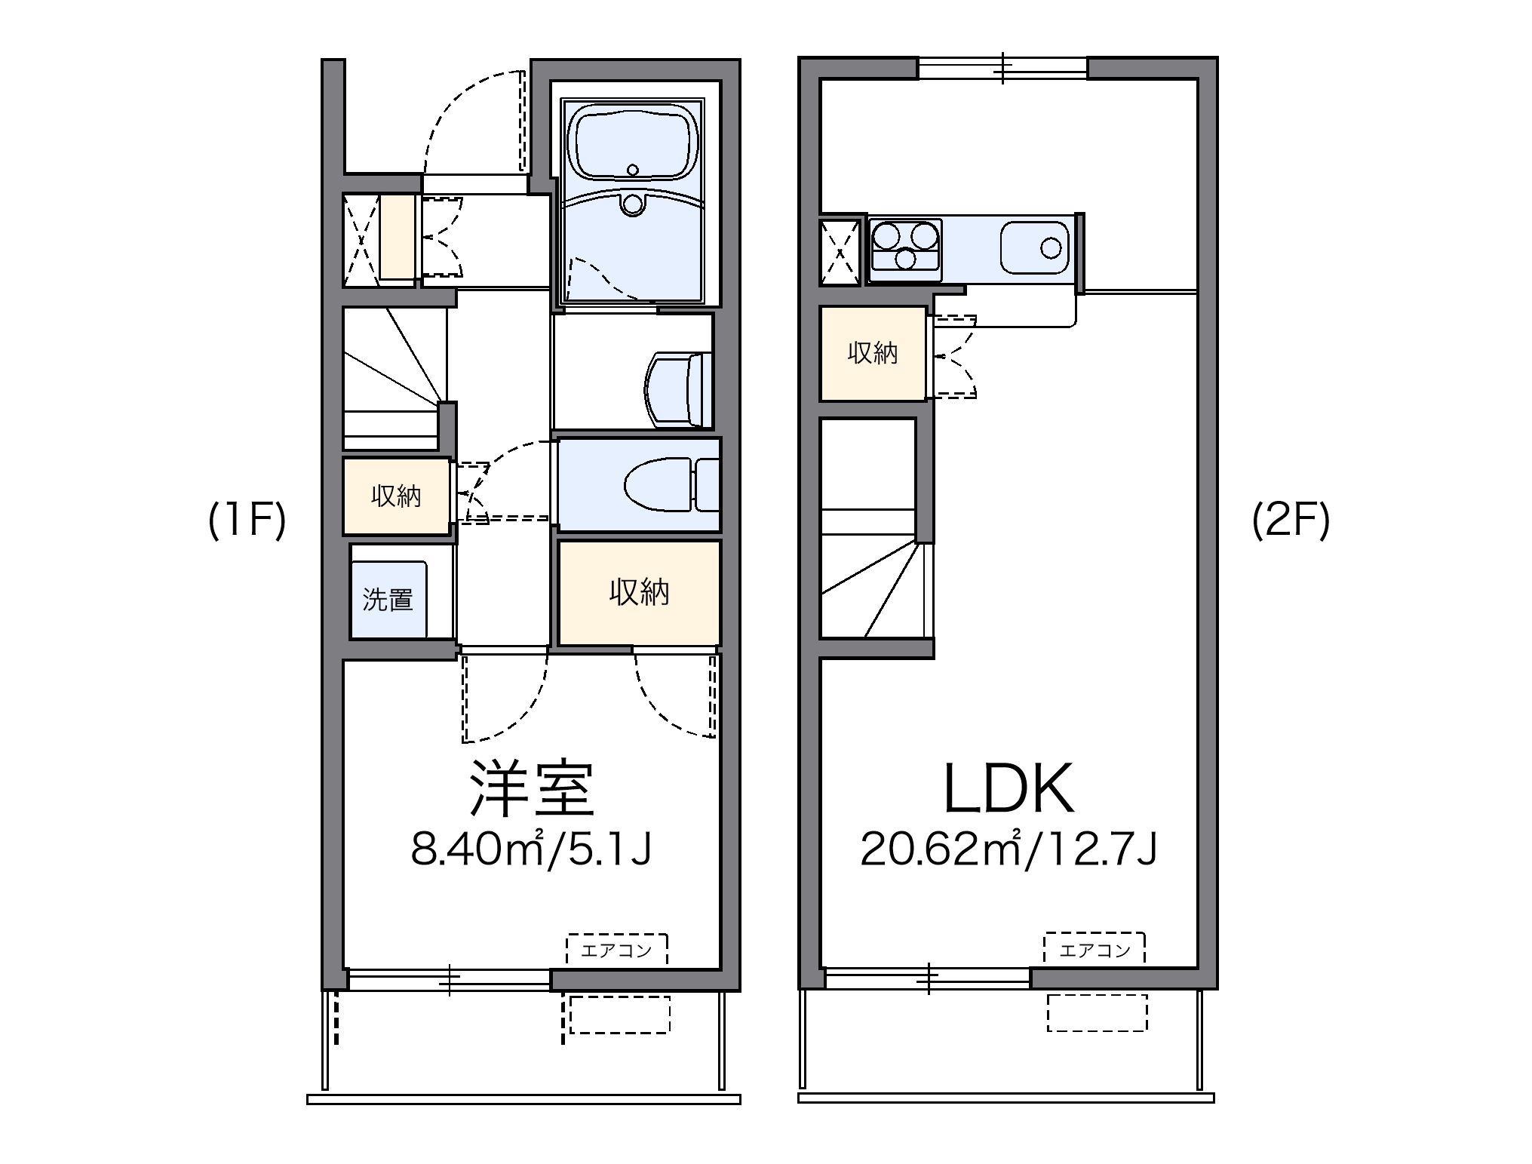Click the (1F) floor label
pyautogui.click(x=247, y=521)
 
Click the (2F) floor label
pyautogui.click(x=1291, y=521)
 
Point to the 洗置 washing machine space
pyautogui.click(x=388, y=600)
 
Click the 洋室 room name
pyautogui.click(x=531, y=789)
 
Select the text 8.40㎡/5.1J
pyautogui.click(x=531, y=849)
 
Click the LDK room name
pyautogui.click(x=1009, y=789)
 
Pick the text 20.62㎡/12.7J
pyautogui.click(x=1009, y=849)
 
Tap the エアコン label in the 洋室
pyautogui.click(x=616, y=950)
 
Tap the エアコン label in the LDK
pyautogui.click(x=1095, y=950)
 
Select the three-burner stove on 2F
pyautogui.click(x=905, y=246)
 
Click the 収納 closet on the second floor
pyautogui.click(x=873, y=353)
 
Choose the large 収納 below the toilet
pyautogui.click(x=639, y=593)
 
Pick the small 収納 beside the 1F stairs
pyautogui.click(x=396, y=496)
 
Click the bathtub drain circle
pyautogui.click(x=632, y=170)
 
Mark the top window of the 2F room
pyautogui.click(x=1002, y=69)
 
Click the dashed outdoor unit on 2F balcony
pyautogui.click(x=1097, y=1012)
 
